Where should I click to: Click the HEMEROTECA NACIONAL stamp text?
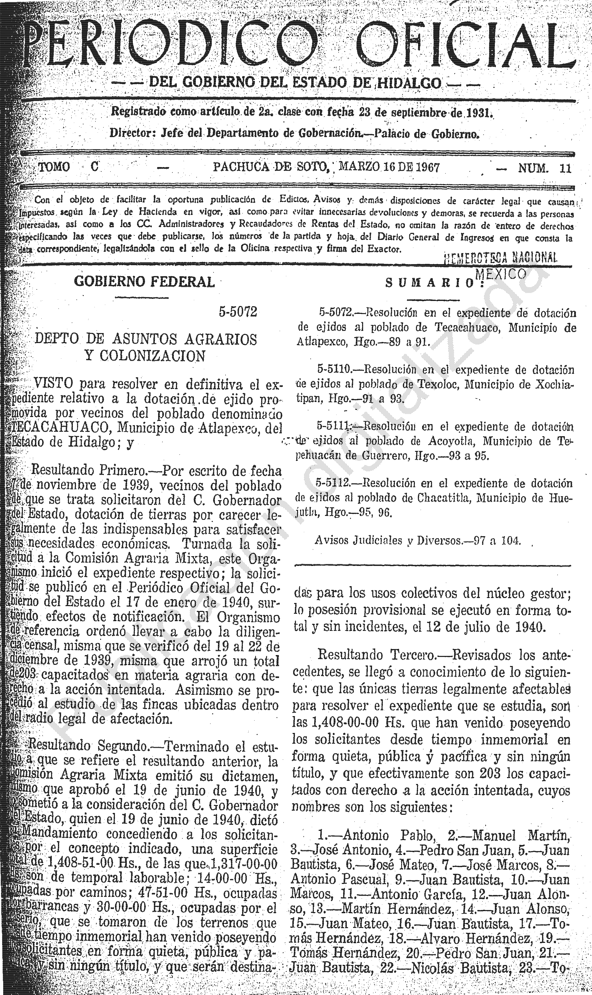tap(501, 259)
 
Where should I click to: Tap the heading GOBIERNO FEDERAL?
tap(144, 282)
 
